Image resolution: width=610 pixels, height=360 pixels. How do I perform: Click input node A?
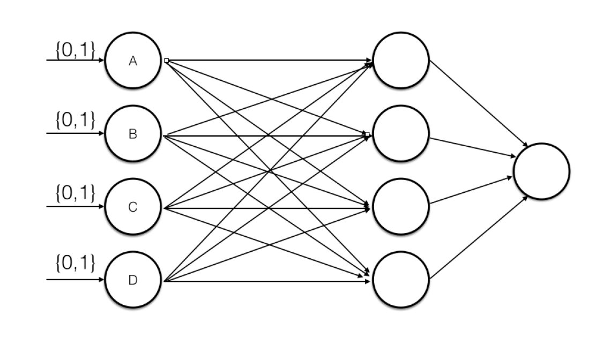click(133, 60)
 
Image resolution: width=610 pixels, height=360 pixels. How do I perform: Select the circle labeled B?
click(133, 133)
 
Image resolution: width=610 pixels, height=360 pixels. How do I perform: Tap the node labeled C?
click(133, 207)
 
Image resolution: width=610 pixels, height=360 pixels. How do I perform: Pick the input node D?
click(133, 280)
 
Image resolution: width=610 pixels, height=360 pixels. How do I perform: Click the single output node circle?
click(541, 171)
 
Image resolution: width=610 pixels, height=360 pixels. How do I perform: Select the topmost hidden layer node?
click(401, 60)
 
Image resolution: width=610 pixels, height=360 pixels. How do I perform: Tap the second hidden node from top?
click(401, 133)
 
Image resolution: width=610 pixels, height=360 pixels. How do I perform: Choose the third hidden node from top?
click(401, 207)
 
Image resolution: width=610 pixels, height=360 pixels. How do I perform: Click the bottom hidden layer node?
click(401, 279)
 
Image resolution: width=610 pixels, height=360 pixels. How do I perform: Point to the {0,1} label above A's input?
click(75, 49)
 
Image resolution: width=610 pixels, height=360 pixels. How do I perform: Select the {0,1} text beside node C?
click(75, 194)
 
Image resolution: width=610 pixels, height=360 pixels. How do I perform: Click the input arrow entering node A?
click(75, 61)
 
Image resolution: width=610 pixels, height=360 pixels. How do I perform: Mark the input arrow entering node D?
click(75, 280)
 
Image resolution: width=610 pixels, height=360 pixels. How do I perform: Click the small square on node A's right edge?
click(166, 61)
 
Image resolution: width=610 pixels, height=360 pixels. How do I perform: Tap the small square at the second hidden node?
click(367, 134)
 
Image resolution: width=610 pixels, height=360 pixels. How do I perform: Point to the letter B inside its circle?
click(133, 134)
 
